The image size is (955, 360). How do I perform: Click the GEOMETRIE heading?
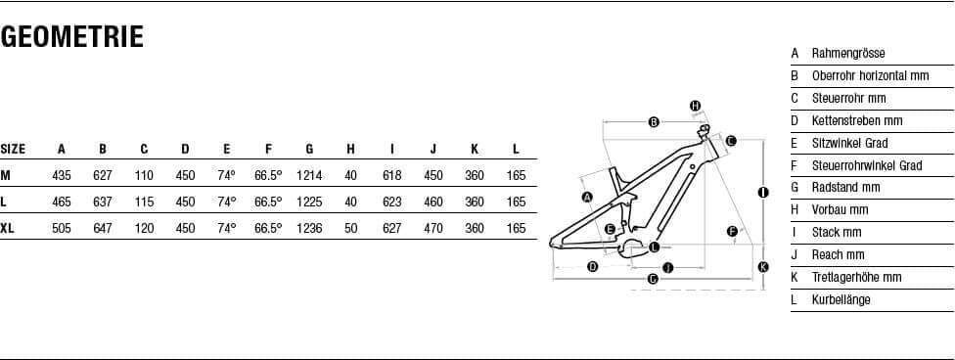[x=71, y=36]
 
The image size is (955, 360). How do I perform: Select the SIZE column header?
[x=13, y=150]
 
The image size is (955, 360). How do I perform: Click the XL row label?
[x=7, y=229]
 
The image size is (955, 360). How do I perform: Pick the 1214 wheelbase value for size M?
[x=309, y=175]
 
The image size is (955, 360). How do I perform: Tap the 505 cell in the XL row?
[x=62, y=229]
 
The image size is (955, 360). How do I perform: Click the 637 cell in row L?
[x=103, y=202]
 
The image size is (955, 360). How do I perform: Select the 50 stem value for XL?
[x=351, y=229]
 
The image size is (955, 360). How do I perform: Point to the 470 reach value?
[x=433, y=229]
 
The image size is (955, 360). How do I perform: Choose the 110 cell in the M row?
[x=144, y=175]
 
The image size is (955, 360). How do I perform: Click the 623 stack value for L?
[x=392, y=202]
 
